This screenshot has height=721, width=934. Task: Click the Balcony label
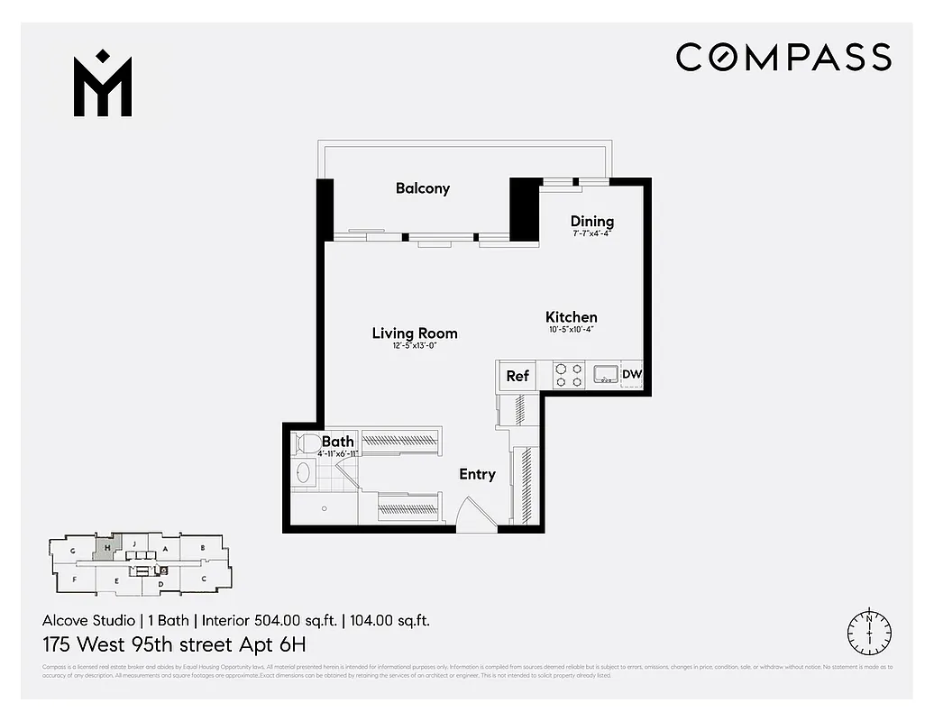coord(422,188)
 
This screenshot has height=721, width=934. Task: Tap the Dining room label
coord(592,222)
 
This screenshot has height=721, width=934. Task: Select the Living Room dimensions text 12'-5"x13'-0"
coord(415,346)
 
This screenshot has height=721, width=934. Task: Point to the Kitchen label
coord(572,317)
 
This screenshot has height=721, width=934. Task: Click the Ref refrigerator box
coord(517,376)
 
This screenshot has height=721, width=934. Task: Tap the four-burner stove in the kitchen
coord(568,375)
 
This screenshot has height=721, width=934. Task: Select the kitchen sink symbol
coord(603,374)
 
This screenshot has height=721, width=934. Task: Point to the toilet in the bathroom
coord(307,443)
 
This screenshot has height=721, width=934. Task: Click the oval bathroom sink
coord(303,473)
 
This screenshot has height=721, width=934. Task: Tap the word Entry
coord(477,474)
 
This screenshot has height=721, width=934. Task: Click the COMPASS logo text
coord(783,57)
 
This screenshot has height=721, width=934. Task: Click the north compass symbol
coord(869,630)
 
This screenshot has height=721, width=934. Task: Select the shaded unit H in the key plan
coord(106,548)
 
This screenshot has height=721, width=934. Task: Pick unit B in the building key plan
coord(204,547)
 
